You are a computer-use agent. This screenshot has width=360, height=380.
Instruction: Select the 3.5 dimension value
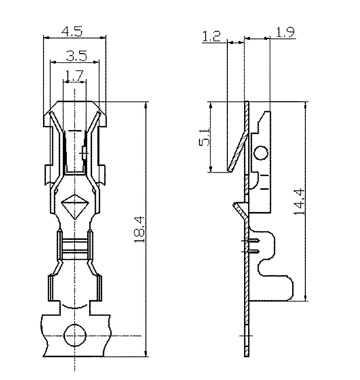click(x=75, y=55)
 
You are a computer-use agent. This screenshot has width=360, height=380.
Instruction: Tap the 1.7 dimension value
click(x=75, y=76)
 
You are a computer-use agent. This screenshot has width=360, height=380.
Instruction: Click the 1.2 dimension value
click(x=211, y=36)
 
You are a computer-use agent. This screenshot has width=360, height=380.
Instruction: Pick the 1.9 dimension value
click(x=286, y=33)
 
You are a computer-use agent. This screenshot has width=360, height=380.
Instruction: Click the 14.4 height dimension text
click(x=300, y=201)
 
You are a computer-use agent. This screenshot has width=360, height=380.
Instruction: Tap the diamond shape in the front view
click(x=74, y=205)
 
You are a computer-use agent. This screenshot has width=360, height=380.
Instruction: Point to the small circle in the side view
click(x=261, y=153)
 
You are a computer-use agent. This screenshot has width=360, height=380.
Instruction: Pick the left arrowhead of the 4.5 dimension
click(x=46, y=37)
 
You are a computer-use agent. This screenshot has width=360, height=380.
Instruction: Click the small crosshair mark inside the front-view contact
click(x=84, y=150)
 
